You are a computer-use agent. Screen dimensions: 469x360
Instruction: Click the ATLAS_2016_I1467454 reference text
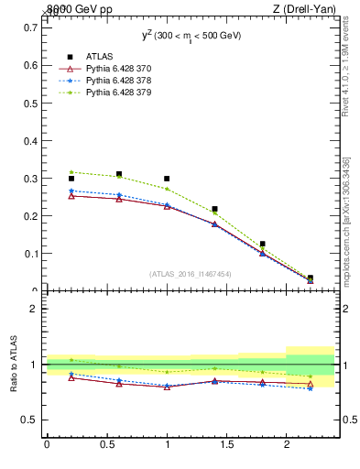190,274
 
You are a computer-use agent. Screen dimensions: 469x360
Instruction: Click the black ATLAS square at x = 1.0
167,179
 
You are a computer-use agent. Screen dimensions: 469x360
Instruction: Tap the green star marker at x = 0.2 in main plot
71,172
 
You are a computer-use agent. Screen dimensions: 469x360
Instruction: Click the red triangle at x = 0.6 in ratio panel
119,384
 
